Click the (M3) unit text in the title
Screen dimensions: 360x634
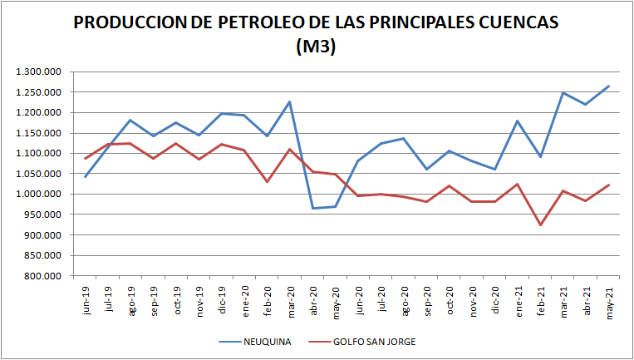[x=316, y=47]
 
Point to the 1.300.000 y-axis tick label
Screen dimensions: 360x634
[x=38, y=72]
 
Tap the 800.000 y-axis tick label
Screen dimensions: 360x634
[x=42, y=276]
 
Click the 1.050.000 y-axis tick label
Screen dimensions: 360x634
[x=38, y=174]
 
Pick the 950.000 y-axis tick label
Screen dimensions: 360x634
[x=42, y=215]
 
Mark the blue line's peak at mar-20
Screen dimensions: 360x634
[x=291, y=101]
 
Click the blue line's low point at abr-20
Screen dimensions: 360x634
[x=313, y=208]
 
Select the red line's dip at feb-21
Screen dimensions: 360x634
[x=540, y=225]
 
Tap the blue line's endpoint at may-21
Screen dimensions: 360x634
[x=608, y=86]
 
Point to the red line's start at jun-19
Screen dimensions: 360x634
[x=86, y=158]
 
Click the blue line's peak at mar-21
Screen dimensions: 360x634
[x=563, y=92]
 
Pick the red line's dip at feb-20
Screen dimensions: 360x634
[x=268, y=181]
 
